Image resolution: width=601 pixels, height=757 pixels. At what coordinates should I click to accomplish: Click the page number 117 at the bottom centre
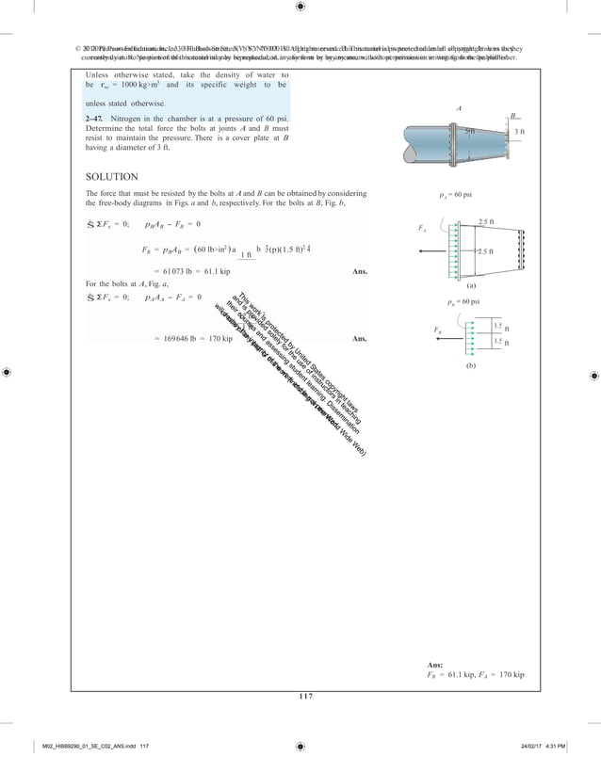click(300, 697)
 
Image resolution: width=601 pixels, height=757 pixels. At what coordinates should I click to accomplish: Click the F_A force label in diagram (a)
click(422, 228)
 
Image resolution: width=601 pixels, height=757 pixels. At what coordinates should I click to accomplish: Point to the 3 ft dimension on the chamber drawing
click(519, 132)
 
